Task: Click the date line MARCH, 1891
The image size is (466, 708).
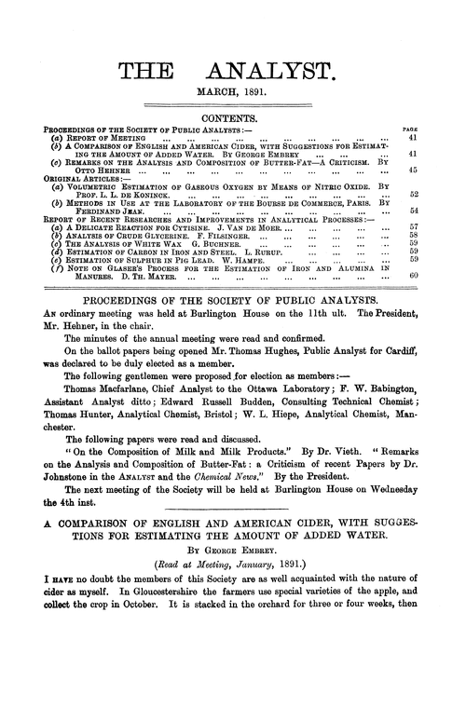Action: coord(233,94)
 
